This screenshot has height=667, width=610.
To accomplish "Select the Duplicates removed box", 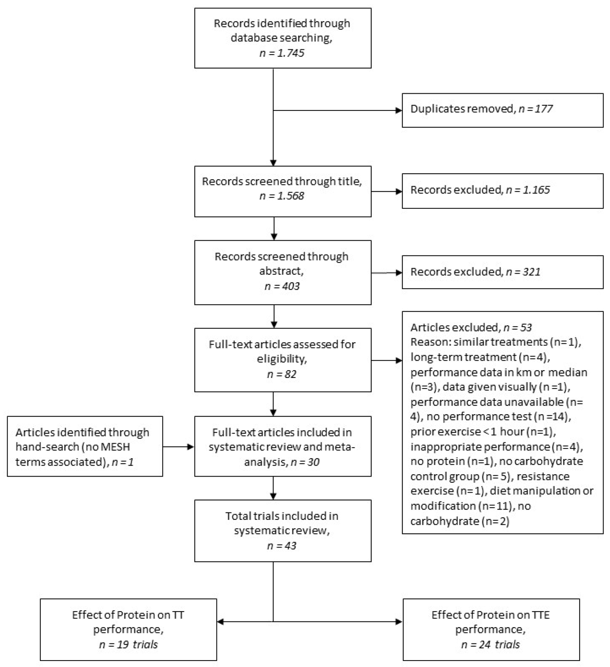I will click(502, 110).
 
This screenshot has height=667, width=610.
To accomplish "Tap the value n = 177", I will click(535, 109).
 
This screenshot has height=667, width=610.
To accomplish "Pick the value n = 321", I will click(523, 272).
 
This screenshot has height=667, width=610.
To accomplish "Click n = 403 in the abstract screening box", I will click(282, 286).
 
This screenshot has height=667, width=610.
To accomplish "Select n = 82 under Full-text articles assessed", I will click(281, 374).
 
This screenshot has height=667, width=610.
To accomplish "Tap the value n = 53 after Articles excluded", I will click(517, 327).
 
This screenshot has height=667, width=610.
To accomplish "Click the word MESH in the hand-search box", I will click(116, 447).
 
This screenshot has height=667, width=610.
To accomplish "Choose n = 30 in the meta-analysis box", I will click(305, 462).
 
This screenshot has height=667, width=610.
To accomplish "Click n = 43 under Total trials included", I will click(281, 546).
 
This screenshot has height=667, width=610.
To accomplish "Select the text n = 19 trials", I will click(128, 644).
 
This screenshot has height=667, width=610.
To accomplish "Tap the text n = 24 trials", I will click(490, 644).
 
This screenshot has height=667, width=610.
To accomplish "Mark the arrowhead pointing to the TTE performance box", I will click(399, 622).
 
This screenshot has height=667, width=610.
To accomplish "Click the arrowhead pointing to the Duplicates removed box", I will click(399, 110).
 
